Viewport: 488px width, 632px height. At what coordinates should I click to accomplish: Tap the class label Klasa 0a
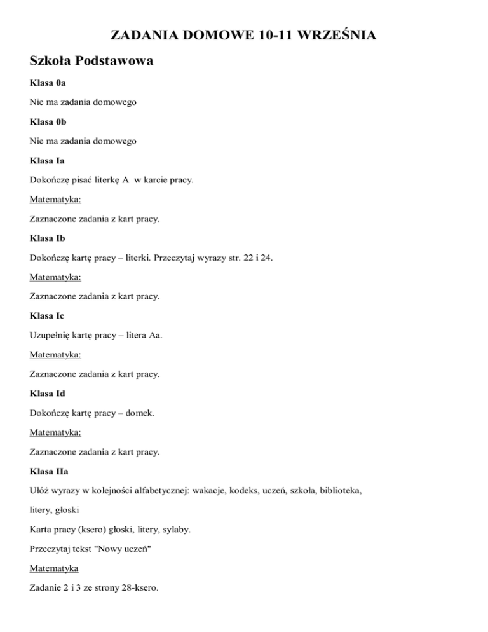[x=48, y=83]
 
